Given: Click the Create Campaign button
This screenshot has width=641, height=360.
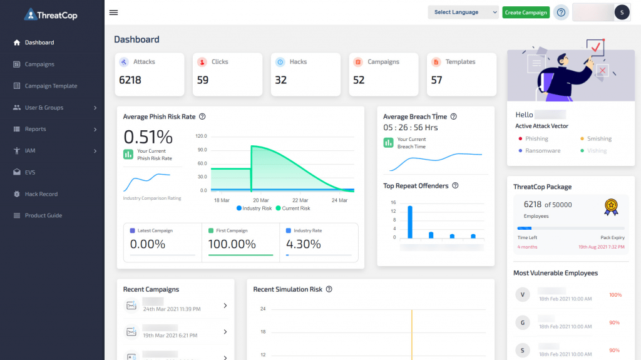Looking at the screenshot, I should (x=526, y=13).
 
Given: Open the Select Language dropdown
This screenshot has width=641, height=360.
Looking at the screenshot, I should (x=463, y=13).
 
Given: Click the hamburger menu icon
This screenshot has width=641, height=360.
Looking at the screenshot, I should (x=113, y=13).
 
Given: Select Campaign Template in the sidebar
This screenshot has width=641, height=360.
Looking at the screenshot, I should (x=51, y=86).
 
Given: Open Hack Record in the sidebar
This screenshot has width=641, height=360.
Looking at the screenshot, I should (x=41, y=194).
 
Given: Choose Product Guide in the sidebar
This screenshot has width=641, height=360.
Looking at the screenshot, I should (x=43, y=215).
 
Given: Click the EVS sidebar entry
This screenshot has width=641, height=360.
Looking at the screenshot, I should (x=30, y=172).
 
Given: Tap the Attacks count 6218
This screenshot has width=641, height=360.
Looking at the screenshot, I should (x=130, y=80).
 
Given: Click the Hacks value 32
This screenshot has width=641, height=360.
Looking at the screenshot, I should (x=281, y=80).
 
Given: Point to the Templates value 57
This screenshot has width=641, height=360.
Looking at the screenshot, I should (x=437, y=80).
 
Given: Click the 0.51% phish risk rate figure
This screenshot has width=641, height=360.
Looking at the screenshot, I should (x=148, y=136).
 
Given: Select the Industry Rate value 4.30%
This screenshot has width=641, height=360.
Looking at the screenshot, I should (x=304, y=244).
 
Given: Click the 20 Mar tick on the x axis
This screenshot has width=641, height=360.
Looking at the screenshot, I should (x=260, y=200).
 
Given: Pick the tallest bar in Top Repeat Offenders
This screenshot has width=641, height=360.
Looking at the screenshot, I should (x=410, y=222).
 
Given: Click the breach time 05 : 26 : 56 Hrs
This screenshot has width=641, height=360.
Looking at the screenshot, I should (x=411, y=128).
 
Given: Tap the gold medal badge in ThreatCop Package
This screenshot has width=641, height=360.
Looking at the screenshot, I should (x=611, y=207).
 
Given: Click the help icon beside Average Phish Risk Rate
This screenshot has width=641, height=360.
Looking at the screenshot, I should (x=202, y=116).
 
